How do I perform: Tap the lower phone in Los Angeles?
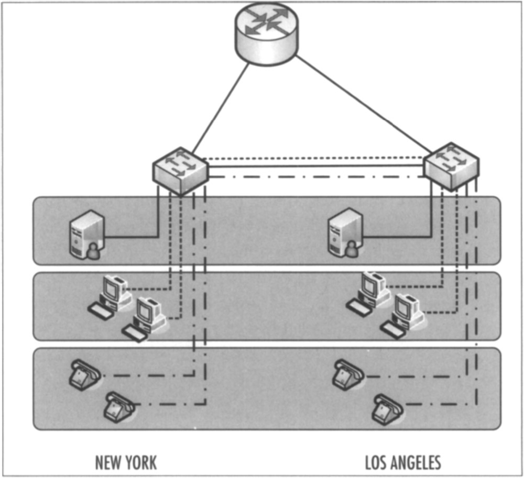[x=387, y=408]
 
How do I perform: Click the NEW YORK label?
[x=126, y=463]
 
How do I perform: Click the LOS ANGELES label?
[x=403, y=463]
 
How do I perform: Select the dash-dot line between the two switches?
[x=314, y=177]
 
